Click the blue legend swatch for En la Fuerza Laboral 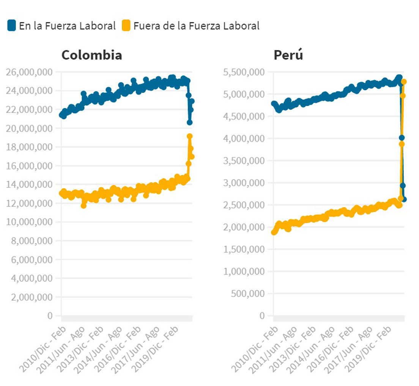click(11, 26)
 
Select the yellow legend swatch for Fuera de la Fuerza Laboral click(126, 26)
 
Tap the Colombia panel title click(91, 55)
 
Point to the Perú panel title click(288, 55)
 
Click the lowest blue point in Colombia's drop click(189, 122)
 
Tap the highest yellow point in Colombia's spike click(189, 136)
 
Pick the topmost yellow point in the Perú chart click(404, 82)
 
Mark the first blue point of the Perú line click(274, 104)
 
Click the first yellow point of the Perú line click(274, 232)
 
